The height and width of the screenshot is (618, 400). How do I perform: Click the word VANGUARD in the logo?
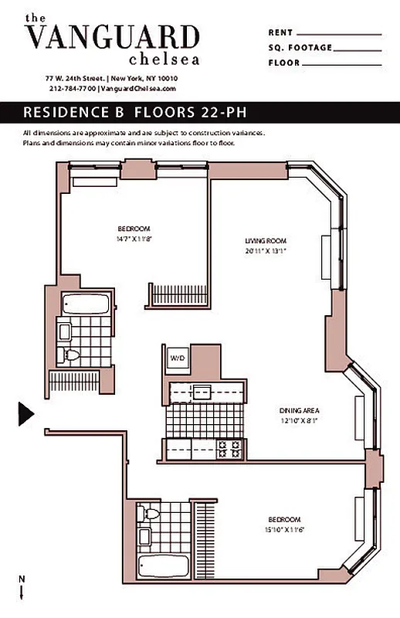113,37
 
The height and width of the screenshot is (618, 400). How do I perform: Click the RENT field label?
280,33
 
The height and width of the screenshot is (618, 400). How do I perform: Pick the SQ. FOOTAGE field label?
300,48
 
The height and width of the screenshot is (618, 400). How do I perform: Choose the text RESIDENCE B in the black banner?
74,112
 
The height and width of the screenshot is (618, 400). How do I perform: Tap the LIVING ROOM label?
260,241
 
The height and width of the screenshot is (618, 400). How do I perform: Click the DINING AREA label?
299,410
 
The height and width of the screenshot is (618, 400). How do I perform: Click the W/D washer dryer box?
177,358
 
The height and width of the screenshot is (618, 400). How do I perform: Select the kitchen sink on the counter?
202,392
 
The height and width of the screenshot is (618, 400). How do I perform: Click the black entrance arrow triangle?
25,413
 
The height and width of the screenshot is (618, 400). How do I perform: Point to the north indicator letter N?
21,579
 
